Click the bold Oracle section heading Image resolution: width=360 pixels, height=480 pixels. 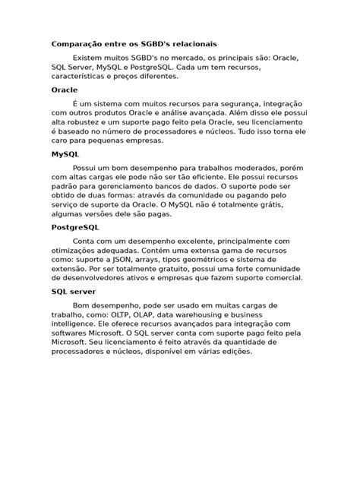[x=65, y=90]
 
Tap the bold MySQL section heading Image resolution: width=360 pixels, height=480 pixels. [x=65, y=153]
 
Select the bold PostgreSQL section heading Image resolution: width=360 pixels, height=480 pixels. [x=75, y=227]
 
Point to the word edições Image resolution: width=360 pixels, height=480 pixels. [x=235, y=351]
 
